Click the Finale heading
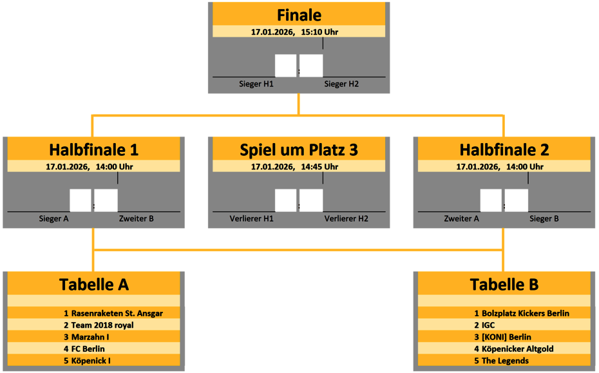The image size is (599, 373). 299,15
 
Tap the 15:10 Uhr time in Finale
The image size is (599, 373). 319,32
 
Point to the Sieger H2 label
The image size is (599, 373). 341,84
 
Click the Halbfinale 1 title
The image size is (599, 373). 93,150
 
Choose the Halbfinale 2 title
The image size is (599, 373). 504,150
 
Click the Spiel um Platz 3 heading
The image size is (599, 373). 299,150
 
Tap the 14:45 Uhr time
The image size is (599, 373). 319,166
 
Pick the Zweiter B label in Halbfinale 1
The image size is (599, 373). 137,218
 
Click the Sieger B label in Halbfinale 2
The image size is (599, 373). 544,218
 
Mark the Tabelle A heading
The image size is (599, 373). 94,284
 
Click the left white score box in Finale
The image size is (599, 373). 285,66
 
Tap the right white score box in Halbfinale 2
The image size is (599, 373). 517,200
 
